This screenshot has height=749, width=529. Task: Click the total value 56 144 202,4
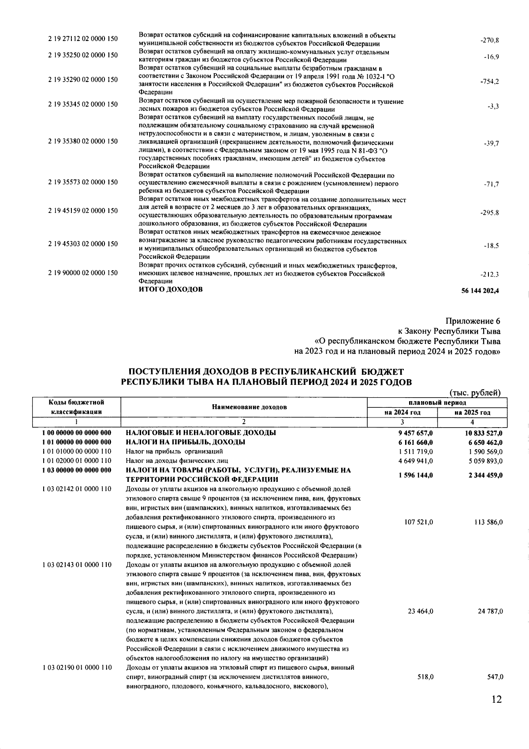tap(480, 291)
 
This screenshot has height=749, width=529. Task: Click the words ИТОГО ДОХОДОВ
tap(171, 290)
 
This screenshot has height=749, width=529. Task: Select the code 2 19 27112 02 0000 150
tap(83, 39)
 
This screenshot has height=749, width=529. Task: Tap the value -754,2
tap(489, 82)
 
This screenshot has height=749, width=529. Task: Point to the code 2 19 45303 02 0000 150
tap(83, 244)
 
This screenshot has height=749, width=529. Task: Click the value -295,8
tap(489, 213)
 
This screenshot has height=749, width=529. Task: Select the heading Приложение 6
tap(473, 321)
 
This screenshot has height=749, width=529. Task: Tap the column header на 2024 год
tap(402, 413)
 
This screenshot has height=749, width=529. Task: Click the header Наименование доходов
tap(243, 407)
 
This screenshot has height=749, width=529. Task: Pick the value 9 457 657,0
tap(415, 433)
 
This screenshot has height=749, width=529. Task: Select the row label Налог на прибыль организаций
tap(174, 451)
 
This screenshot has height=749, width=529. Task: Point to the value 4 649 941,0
tap(415, 461)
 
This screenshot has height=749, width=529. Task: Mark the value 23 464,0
tap(419, 611)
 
